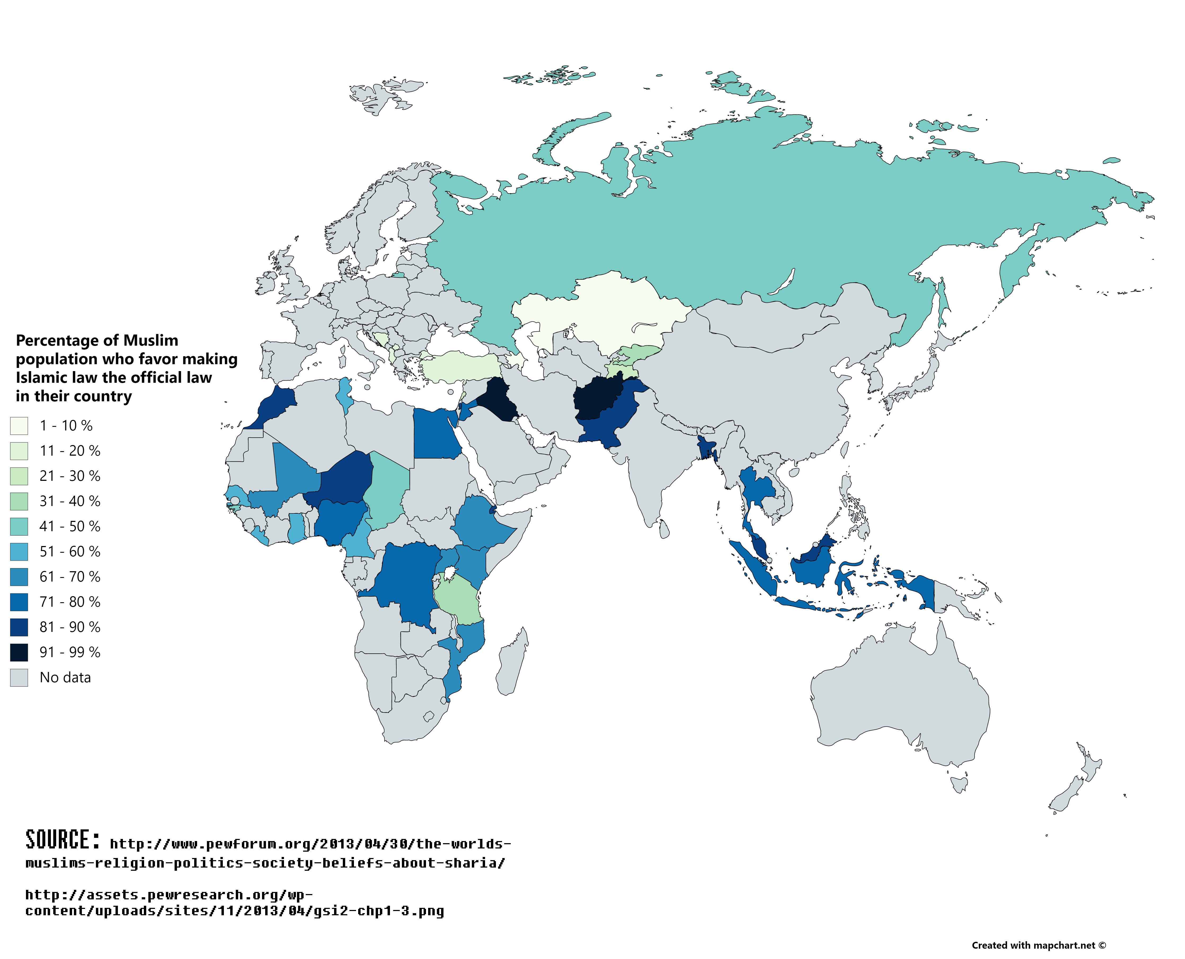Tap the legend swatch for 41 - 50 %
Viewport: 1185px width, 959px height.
19,526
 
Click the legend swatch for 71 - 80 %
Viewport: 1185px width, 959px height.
19,602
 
